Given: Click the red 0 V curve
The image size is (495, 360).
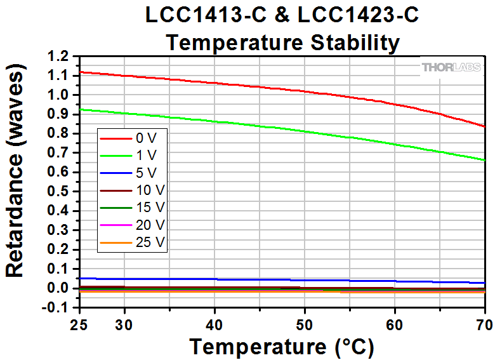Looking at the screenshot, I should click(254, 85).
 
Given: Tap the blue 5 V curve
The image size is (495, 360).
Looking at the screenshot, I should click(254, 279).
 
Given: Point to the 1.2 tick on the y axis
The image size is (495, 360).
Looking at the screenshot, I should click(58, 57).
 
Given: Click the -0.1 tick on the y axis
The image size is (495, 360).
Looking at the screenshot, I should click(56, 308).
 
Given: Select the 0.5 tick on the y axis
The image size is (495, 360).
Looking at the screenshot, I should click(58, 192).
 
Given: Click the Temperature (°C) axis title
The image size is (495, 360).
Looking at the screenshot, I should click(281, 347).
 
